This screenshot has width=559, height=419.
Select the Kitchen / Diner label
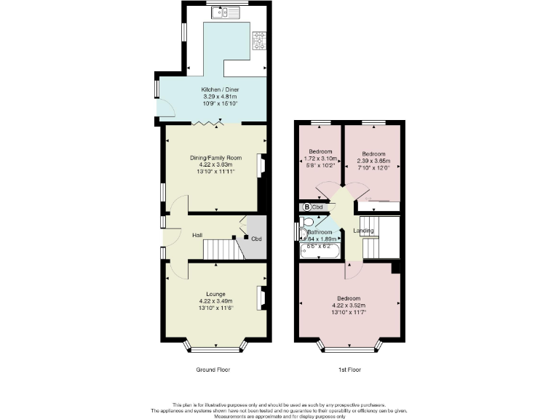click(220, 89)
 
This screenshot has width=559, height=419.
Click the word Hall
click(197, 236)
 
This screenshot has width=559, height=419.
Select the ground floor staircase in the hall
click(223, 250)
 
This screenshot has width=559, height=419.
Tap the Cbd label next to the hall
click(256, 239)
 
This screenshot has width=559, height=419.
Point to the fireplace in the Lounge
click(261, 298)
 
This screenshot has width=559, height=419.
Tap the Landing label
click(363, 231)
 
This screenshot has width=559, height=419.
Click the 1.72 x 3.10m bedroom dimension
click(320, 159)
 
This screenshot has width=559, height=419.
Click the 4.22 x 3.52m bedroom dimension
click(349, 306)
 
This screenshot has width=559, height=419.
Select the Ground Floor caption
click(213, 370)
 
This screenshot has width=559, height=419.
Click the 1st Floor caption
click(349, 370)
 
